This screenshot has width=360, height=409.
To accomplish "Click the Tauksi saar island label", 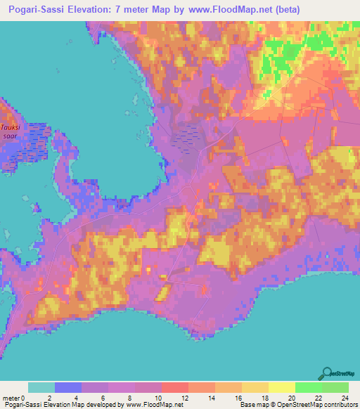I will coord(10,131).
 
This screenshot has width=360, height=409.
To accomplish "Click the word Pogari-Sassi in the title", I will coord(35,9).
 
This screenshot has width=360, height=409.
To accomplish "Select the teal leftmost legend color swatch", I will coord(41,387).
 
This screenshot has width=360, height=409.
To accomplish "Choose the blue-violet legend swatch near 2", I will coord(68,387).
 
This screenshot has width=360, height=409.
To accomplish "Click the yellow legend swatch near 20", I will coord(281,387).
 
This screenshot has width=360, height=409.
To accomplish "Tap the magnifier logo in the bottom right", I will coord(328,372).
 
